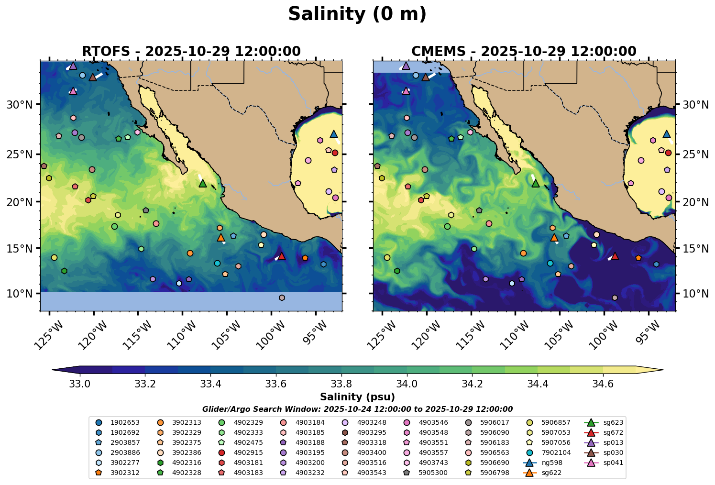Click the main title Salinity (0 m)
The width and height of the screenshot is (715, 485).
(357, 14)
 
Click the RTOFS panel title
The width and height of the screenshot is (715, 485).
(191, 51)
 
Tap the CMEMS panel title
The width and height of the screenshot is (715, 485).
(524, 51)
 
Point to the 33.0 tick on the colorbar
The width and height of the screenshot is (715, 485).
(80, 384)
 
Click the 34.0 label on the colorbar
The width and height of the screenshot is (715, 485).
(407, 384)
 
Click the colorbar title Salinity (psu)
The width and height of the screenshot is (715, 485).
(357, 397)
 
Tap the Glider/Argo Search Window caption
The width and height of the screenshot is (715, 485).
(357, 409)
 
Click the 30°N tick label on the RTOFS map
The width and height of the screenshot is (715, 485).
(20, 105)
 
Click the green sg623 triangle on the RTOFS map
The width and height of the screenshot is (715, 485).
(202, 183)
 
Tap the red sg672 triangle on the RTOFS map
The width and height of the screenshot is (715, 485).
(281, 256)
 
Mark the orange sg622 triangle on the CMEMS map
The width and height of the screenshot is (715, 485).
(554, 237)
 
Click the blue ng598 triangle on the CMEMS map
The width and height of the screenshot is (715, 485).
(667, 134)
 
